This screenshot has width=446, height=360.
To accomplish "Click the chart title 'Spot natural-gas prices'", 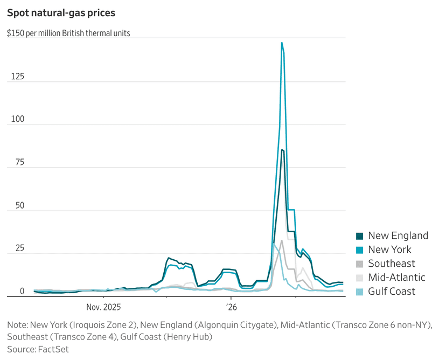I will coord(61,12).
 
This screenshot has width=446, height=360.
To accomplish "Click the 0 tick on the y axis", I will coord(22,292).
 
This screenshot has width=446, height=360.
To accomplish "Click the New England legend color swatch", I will coord(360,236).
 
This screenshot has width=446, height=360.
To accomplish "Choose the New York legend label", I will coord(389,250).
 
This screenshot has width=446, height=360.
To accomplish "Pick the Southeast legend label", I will coord(392,264).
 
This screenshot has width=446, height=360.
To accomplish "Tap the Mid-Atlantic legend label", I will coord(396,278).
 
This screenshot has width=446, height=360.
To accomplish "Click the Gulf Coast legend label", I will coord(392,292).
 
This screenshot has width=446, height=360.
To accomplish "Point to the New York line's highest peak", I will coord(282,43).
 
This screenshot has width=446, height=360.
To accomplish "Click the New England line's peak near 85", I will coord(282,150).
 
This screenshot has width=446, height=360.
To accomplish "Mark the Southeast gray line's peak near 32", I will coord(281,241).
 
